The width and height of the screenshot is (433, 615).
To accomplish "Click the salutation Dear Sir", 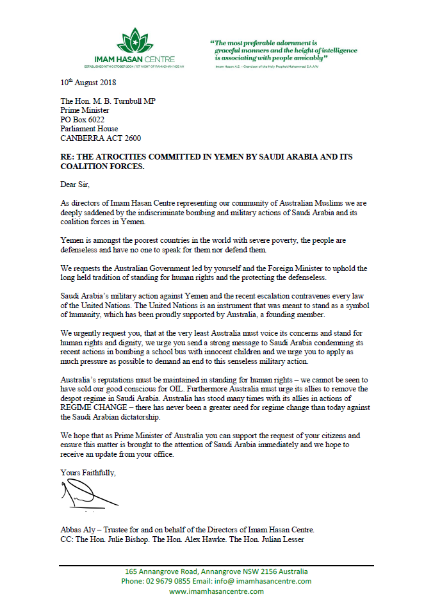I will [77, 184].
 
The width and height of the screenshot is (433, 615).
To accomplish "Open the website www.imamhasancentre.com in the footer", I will [216, 591].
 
